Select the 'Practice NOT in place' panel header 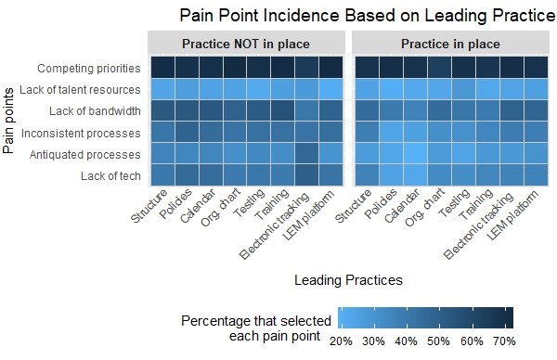(x=245, y=44)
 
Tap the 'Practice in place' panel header (x=450, y=44)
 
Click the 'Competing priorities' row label (x=89, y=69)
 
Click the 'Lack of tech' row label (x=110, y=175)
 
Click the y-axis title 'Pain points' (x=9, y=122)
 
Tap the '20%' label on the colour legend (x=341, y=341)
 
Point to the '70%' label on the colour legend (x=503, y=341)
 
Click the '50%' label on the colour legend (x=438, y=341)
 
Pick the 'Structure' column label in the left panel (x=150, y=208)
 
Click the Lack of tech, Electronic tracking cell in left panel (x=306, y=175)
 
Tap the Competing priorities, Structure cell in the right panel (x=367, y=69)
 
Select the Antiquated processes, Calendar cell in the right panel (x=415, y=154)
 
